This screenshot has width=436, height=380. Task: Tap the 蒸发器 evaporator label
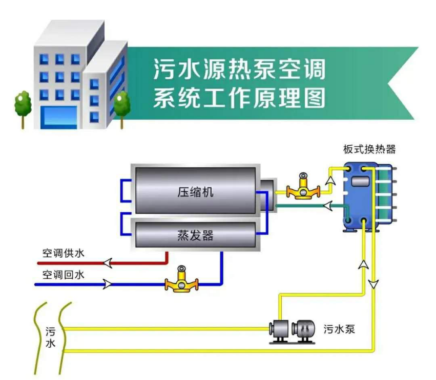click(195, 235)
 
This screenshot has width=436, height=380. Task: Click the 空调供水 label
click(64, 253)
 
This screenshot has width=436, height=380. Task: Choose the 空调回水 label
click(64, 275)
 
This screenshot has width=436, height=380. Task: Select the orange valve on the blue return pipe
click(181, 280)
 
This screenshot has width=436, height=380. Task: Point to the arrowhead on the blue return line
click(108, 284)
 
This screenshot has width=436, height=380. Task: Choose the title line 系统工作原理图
click(240, 98)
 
